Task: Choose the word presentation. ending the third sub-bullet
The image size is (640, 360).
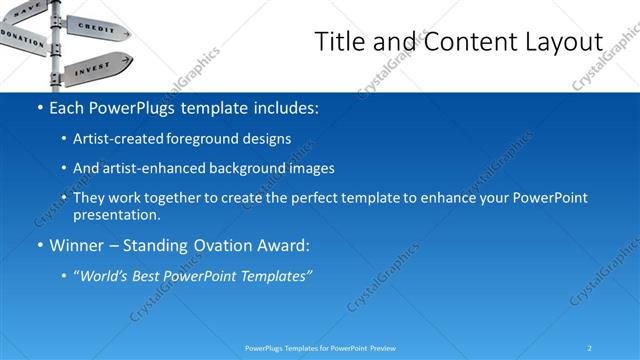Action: point(116,214)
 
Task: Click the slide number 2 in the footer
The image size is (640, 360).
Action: point(590,347)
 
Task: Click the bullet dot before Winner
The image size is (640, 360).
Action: point(39,245)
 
